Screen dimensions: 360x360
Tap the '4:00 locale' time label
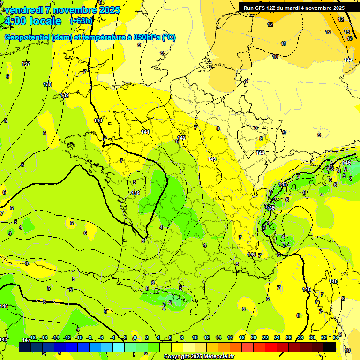coord(32,21)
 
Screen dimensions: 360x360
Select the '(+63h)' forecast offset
coord(81,21)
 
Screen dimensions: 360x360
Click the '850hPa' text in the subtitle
coord(145,37)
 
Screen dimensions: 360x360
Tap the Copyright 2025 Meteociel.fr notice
coord(199,357)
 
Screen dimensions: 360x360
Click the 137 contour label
coord(26,64)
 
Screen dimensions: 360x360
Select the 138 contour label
coord(47,84)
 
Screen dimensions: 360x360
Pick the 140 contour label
coord(98,120)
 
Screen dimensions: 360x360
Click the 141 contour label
coord(145,132)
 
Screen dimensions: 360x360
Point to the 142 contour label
coord(182,138)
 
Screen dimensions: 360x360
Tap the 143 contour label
coord(212,159)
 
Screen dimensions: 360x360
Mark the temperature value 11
coord(283,44)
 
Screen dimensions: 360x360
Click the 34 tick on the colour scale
coord(336,337)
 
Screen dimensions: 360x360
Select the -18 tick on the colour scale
coord(32,337)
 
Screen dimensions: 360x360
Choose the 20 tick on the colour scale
coord(253,337)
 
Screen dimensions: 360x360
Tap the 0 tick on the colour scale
coord(135,337)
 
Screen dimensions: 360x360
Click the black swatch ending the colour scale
coord(330,347)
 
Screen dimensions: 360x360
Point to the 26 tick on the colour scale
coord(288,337)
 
